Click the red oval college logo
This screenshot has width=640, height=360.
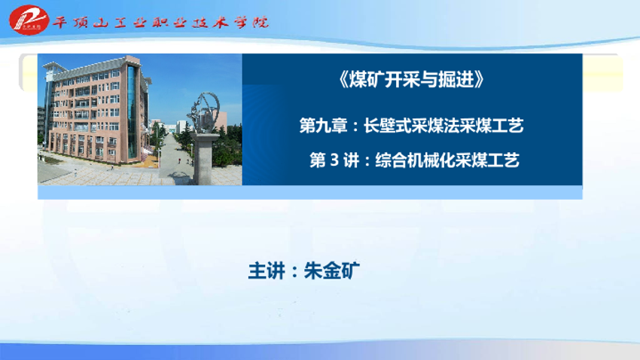click(29, 20)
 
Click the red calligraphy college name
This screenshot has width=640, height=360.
click(160, 22)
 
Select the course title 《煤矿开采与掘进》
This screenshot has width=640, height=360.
click(411, 79)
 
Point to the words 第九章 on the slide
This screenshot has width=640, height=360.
click(323, 125)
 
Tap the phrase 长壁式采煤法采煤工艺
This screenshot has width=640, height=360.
click(443, 125)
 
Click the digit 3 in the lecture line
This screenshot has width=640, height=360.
click(334, 160)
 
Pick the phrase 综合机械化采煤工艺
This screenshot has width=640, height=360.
click(447, 160)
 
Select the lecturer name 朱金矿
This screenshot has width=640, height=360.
click(332, 270)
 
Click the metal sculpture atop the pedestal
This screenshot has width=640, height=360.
click(204, 113)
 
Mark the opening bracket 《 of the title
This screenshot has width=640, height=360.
click(343, 80)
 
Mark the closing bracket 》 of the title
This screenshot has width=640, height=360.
click(480, 80)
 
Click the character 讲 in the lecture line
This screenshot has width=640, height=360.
click(352, 160)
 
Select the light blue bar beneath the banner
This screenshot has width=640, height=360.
click(309, 192)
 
